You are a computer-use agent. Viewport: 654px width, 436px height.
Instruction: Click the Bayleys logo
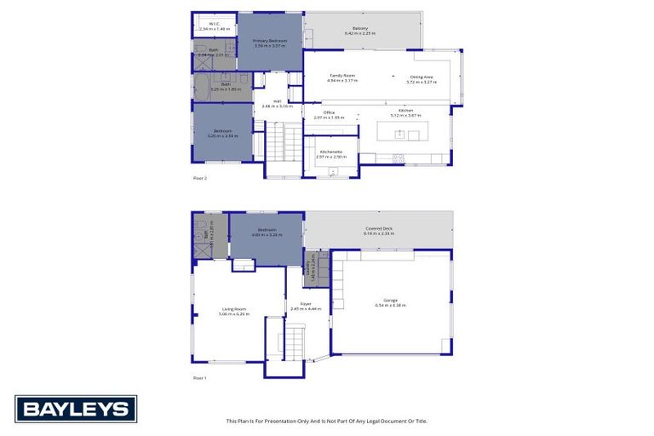coord(75,409)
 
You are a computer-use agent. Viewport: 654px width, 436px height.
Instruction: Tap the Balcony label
coord(360,31)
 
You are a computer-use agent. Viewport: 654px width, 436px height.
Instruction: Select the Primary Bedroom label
coord(270,43)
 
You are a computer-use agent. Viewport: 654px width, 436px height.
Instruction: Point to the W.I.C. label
coord(214,26)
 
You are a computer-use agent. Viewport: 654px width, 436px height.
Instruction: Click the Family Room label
coord(342,78)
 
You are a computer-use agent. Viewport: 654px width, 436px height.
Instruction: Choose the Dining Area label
coord(422,79)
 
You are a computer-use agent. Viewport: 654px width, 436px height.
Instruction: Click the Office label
coord(329,115)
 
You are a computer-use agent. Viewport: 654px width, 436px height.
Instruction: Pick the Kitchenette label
coord(330,154)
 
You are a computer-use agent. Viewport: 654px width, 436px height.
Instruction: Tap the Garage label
coord(391,301)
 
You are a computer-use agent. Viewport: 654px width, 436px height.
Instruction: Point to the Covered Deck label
coord(379,231)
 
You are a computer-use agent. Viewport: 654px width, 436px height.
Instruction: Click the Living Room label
coord(234,311)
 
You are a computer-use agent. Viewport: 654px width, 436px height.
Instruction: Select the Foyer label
coord(305,306)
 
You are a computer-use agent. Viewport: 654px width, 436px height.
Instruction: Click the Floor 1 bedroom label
coord(267,231)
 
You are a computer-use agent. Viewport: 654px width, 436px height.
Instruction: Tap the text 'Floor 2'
coord(200,178)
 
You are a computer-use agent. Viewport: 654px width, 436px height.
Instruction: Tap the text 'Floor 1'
coord(200,377)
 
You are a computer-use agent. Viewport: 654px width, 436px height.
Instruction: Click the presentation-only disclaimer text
coord(326,421)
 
